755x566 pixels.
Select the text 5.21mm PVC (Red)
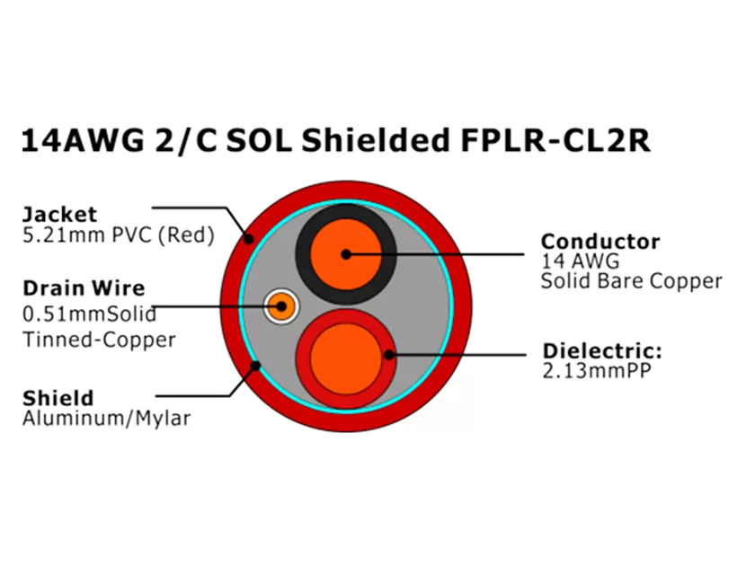(118, 236)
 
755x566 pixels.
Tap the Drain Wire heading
(83, 288)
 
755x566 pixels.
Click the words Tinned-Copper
(98, 340)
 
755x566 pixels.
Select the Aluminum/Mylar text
(106, 419)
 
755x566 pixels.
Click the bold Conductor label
(600, 242)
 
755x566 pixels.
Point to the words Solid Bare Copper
(631, 281)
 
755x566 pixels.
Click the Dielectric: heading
(601, 351)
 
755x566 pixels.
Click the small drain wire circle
(281, 306)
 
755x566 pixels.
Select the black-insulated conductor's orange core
(346, 253)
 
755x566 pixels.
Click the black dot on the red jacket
(249, 239)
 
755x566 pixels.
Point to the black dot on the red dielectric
(389, 355)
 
